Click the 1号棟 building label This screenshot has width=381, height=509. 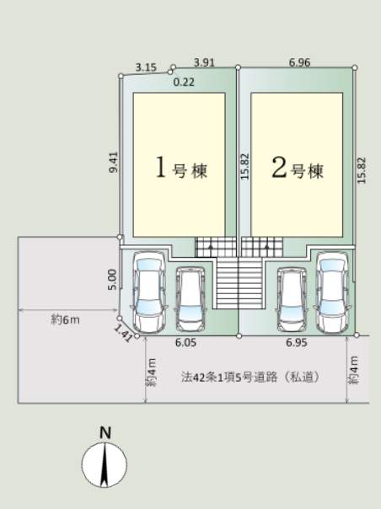pos(181,168)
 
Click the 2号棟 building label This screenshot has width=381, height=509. pos(298,169)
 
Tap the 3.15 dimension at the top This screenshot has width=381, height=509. pos(146,67)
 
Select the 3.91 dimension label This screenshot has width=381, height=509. pos(204,62)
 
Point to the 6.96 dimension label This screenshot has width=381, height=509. pos(299,62)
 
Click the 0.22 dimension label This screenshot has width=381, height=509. pos(184,82)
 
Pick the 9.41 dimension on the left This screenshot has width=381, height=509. pos(114,163)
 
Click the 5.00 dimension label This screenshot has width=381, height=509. pos(112,280)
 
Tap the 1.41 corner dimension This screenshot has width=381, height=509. pos(123,333)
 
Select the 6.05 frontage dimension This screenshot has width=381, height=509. pos(185,342)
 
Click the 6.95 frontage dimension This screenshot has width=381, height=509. pos(297,342)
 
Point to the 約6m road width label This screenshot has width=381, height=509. pos(65,320)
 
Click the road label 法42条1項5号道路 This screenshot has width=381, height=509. pos(229,378)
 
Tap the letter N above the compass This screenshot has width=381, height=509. pos(105,432)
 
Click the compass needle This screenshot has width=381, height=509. pos(105,465)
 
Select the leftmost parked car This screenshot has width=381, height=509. pos(149,292)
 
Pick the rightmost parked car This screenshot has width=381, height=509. pos(332,292)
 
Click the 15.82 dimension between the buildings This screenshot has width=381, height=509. pos(245,166)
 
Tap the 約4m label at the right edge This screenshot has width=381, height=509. pos(354,371)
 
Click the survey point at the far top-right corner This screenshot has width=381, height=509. pos(355,67)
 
